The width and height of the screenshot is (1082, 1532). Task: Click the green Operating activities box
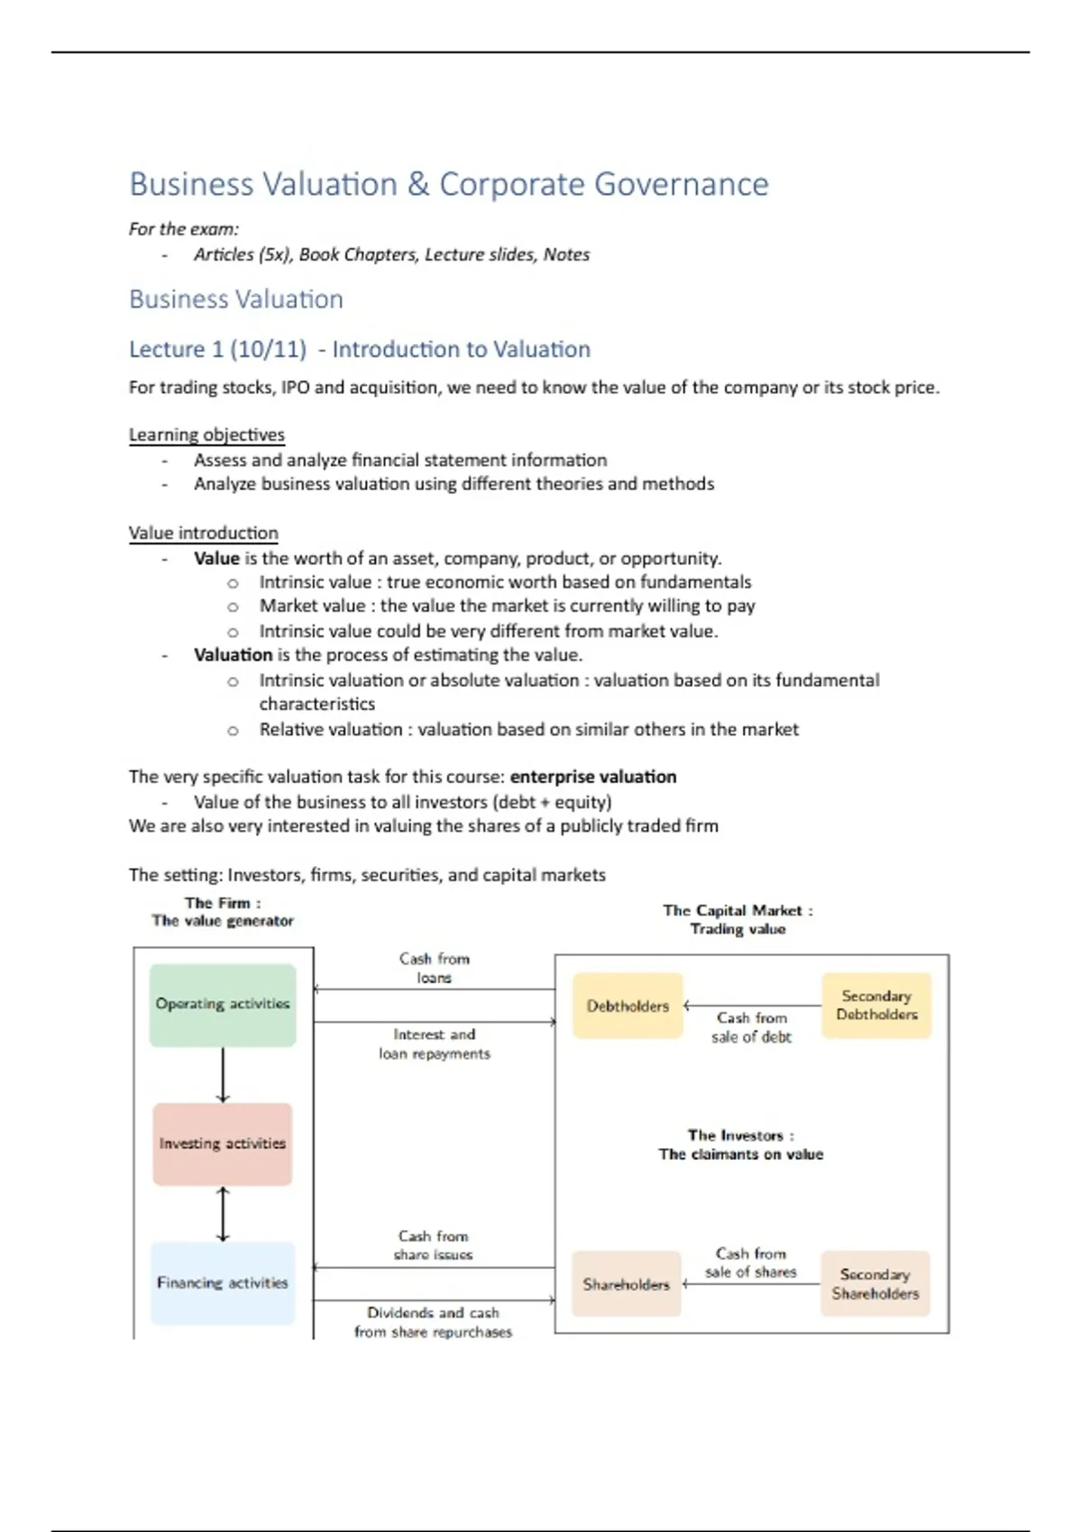(223, 1005)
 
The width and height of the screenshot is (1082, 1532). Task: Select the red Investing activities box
(223, 1144)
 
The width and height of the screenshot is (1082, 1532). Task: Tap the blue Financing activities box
(223, 1283)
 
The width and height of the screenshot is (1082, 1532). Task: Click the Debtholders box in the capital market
(628, 1006)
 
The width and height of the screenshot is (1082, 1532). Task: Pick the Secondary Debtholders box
(876, 1006)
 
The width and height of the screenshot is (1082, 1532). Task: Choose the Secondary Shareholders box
(875, 1284)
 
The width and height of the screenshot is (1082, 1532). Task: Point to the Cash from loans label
(435, 968)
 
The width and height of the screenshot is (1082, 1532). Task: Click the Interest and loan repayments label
(435, 1044)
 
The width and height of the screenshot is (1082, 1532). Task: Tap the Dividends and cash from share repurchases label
(433, 1322)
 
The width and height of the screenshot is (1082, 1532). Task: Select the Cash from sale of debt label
(751, 1027)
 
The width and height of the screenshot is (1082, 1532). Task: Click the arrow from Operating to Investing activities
(223, 1074)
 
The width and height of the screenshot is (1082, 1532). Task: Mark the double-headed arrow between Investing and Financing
(223, 1214)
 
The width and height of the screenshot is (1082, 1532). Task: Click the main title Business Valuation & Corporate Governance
(449, 185)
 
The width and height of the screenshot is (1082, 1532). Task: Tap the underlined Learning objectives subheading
(206, 435)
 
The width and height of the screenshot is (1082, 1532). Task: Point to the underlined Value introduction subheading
(204, 533)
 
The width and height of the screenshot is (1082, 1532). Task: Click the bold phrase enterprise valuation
(593, 777)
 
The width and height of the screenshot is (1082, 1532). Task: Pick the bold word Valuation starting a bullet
(233, 655)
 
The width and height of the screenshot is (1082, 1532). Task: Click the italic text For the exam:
(184, 230)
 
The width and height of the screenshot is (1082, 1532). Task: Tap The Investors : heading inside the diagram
(741, 1135)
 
